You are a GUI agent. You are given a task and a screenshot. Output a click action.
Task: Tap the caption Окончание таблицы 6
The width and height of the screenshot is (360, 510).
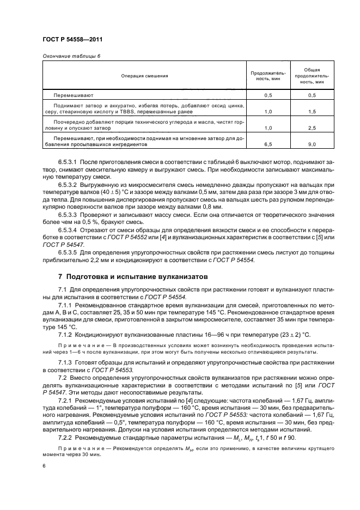pos(71,56)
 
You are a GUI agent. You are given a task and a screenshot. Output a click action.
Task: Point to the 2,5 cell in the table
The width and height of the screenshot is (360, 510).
pos(312,128)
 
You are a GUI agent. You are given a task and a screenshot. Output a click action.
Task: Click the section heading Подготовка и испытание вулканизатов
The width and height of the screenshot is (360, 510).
pos(137,277)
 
